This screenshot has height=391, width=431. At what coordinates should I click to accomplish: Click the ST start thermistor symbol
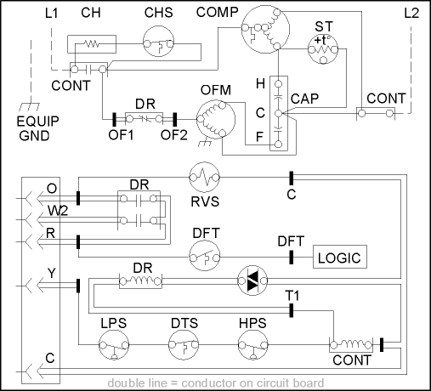pyautogui.click(x=323, y=49)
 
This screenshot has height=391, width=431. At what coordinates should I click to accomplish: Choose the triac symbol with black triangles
pyautogui.click(x=252, y=280)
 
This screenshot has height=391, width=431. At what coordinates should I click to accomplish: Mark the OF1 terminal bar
pyautogui.click(x=114, y=119)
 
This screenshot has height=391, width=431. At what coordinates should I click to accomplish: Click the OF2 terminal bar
pyautogui.click(x=175, y=119)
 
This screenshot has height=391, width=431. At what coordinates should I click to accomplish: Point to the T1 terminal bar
pyautogui.click(x=291, y=310)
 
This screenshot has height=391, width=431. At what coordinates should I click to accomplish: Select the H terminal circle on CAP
pyautogui.click(x=279, y=84)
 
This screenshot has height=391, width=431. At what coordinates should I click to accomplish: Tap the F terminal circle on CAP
pyautogui.click(x=279, y=144)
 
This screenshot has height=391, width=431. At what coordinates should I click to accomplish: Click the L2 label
pyautogui.click(x=411, y=13)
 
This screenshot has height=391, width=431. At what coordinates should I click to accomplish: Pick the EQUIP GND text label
pyautogui.click(x=37, y=128)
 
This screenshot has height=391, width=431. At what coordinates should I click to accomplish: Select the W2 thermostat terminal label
pyautogui.click(x=58, y=211)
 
